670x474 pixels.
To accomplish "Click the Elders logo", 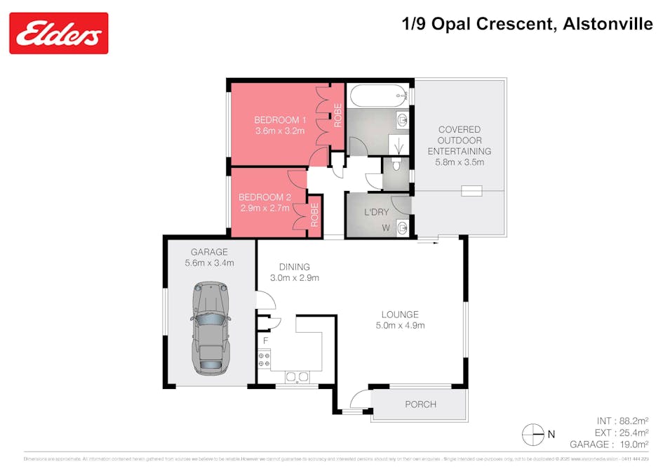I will (59, 33).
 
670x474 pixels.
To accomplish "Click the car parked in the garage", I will (210, 327).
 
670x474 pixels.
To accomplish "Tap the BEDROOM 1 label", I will (280, 119).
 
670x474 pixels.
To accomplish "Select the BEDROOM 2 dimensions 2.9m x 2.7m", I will (264, 209).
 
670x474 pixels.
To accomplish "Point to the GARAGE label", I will (209, 252).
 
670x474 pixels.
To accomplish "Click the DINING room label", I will (294, 267).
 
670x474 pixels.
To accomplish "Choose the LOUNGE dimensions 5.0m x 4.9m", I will (400, 325).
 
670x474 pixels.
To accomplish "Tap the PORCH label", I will (420, 404).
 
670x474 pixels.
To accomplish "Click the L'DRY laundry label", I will (376, 212).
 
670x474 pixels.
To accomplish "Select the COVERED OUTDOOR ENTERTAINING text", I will (459, 140).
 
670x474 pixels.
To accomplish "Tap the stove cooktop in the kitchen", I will (265, 360).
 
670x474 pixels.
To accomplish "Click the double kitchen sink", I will (297, 378).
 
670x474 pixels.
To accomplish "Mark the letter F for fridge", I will (265, 341).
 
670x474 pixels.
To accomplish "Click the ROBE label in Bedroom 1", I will (338, 115).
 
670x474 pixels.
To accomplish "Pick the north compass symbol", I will (534, 435).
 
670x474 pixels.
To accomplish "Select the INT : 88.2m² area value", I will (617, 421).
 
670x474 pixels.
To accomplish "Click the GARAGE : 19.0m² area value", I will (608, 445).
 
